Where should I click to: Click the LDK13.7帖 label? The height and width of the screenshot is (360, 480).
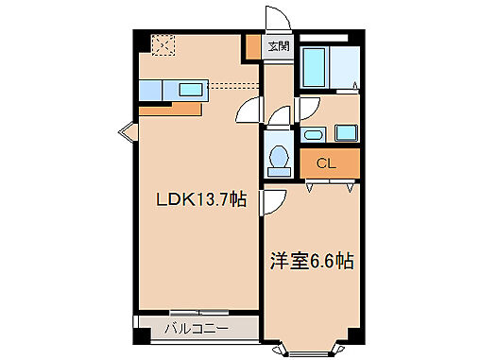click(x=202, y=199)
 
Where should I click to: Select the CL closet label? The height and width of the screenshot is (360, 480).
click(x=326, y=163)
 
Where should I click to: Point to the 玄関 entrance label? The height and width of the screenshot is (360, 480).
click(x=279, y=45)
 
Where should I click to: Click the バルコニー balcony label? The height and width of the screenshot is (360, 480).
click(x=196, y=329)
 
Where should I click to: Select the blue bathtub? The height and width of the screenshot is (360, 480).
click(x=315, y=66)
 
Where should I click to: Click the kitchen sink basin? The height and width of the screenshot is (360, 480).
click(x=192, y=91)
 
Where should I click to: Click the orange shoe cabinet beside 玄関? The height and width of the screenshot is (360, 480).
click(x=253, y=46)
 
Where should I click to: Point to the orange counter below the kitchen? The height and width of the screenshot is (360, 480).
click(x=171, y=108)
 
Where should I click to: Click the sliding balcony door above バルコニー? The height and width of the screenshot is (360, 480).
click(x=199, y=312)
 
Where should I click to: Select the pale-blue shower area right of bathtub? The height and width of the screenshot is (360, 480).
click(x=345, y=66)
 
